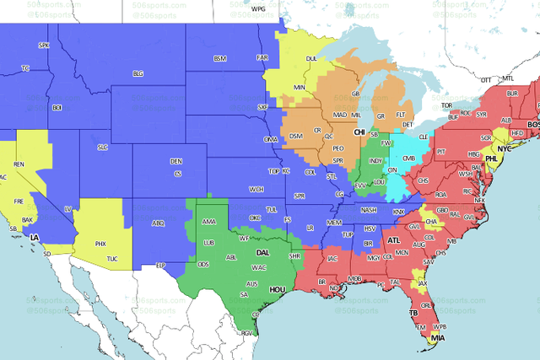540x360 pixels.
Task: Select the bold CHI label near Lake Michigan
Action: (x=359, y=133)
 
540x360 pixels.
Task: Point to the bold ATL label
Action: (x=393, y=240)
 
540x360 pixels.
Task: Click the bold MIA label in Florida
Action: (x=437, y=338)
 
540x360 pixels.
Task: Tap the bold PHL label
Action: (x=492, y=158)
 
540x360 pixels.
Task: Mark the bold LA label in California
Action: (x=35, y=239)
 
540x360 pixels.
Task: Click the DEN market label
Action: (x=175, y=161)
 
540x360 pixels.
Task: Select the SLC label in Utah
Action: (x=103, y=147)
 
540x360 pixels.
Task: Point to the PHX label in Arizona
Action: (x=100, y=244)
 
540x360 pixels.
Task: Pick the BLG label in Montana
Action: (x=138, y=74)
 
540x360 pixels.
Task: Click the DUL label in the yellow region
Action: (x=310, y=59)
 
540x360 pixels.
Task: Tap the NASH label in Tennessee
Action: (x=368, y=210)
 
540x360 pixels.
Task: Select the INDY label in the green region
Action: (x=376, y=161)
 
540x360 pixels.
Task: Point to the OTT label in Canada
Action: (x=485, y=79)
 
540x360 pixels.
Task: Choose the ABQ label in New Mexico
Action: (x=157, y=223)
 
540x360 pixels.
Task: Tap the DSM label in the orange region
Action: (x=295, y=137)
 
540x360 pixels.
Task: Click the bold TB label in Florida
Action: (x=413, y=313)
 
